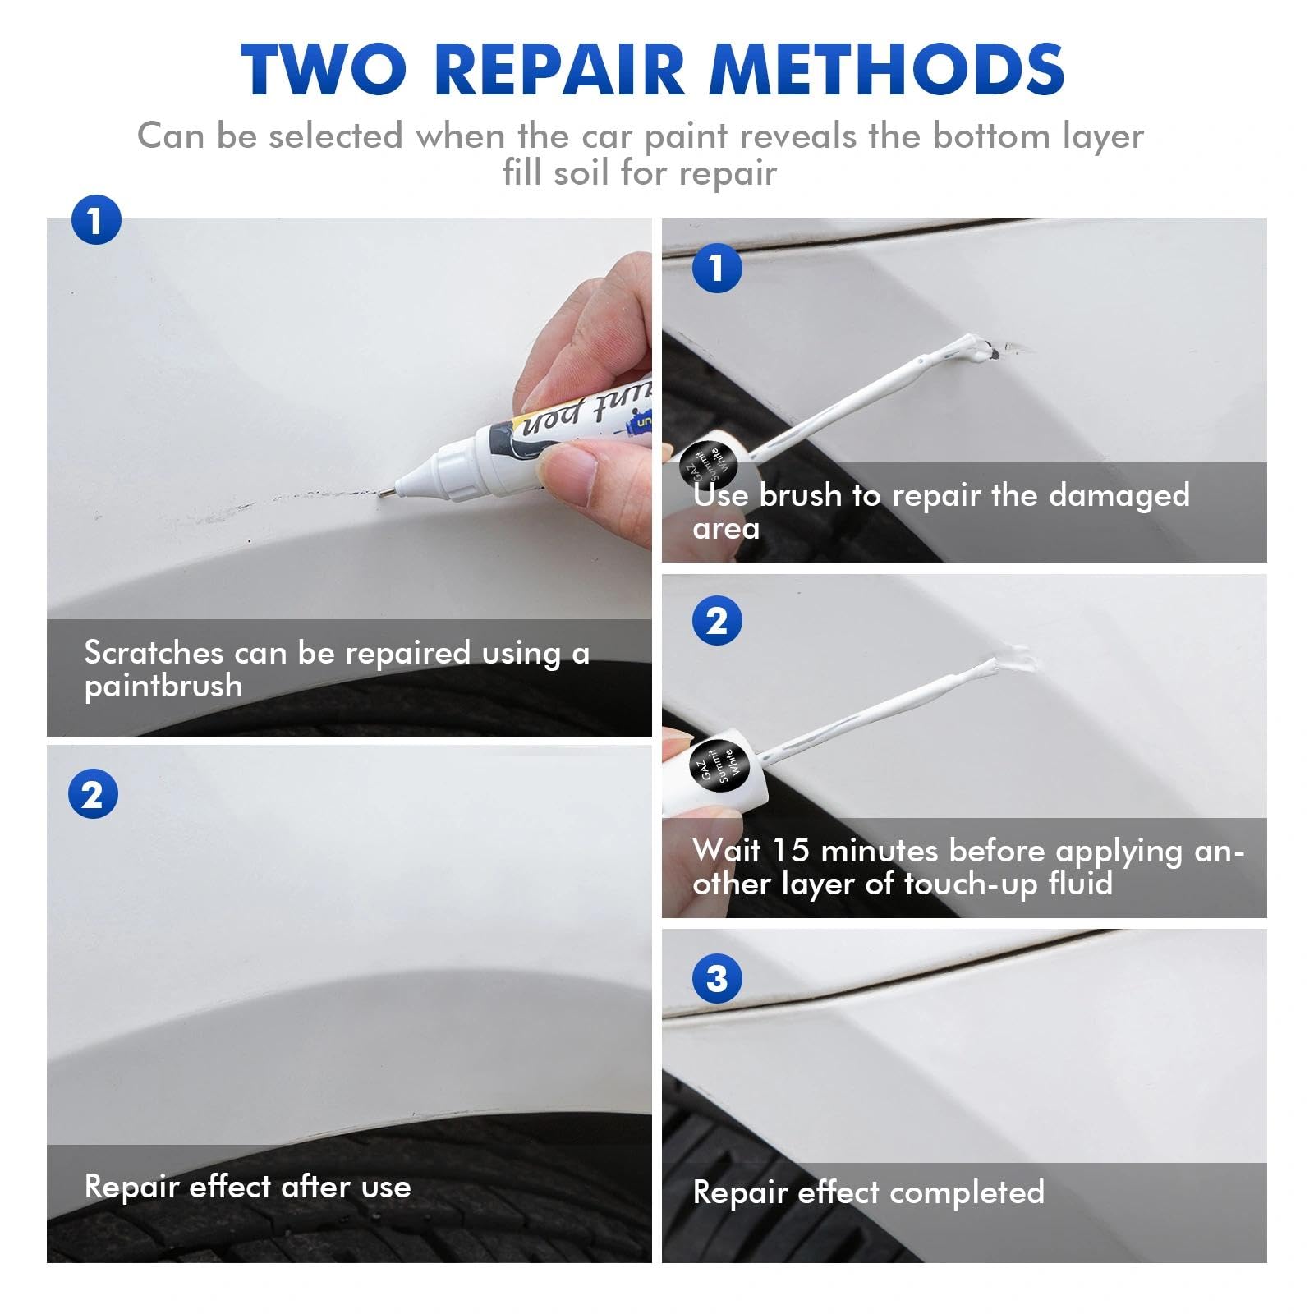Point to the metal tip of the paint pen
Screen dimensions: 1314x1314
[x=385, y=492]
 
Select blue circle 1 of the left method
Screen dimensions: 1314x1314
[x=96, y=221]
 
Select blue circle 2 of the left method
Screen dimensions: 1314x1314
[x=93, y=795]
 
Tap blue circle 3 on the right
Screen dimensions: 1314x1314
[x=716, y=978]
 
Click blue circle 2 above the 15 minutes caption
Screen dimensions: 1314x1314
[x=716, y=622]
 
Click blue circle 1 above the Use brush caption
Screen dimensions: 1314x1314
[x=716, y=268]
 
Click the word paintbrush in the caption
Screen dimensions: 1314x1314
[x=163, y=687]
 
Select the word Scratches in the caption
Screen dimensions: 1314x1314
[x=154, y=653]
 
